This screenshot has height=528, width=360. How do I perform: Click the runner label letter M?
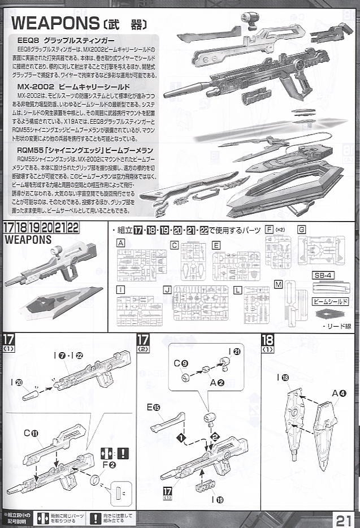(x=278, y=284)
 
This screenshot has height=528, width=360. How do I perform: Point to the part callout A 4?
(x=339, y=393)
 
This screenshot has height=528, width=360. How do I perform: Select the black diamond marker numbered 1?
(x=180, y=438)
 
